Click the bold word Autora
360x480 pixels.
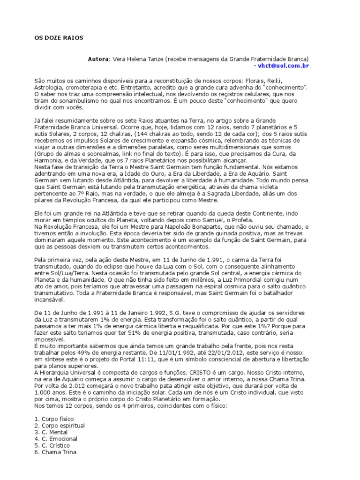click(98, 60)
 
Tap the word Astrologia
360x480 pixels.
click(51, 87)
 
